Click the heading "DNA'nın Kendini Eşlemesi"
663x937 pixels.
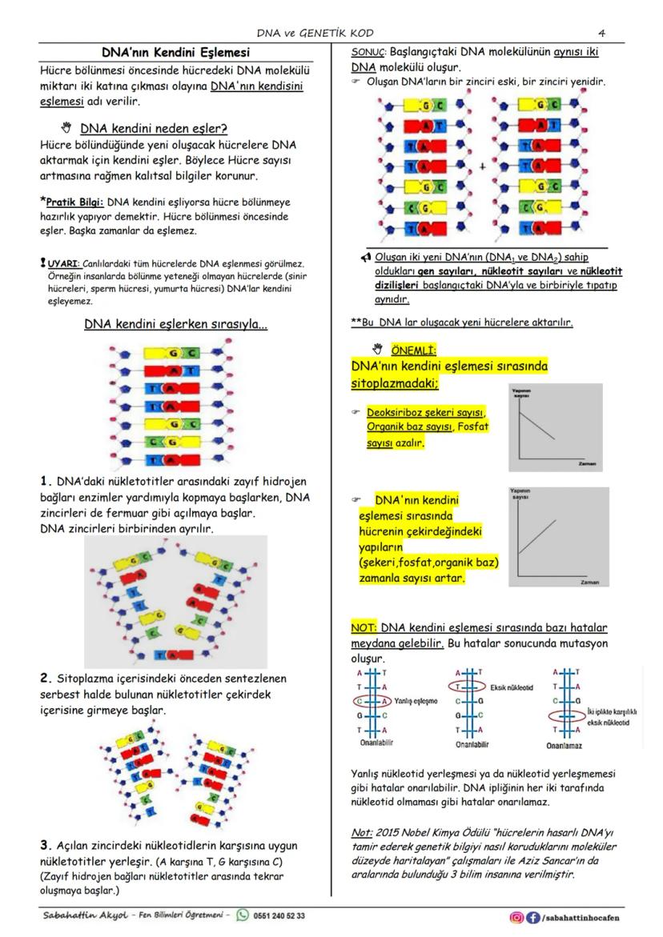[x=175, y=53]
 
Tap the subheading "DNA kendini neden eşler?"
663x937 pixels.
[x=154, y=128]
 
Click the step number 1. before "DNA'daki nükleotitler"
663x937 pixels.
[x=46, y=482]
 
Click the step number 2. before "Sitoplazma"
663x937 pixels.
[x=46, y=679]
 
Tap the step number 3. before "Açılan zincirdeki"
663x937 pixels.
[x=46, y=845]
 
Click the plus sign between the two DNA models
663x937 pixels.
[x=482, y=167]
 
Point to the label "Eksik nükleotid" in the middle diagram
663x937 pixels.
[x=512, y=687]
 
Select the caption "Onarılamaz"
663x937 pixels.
[x=564, y=746]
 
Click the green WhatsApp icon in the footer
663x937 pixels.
[x=242, y=915]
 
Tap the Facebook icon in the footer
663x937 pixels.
[x=532, y=917]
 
